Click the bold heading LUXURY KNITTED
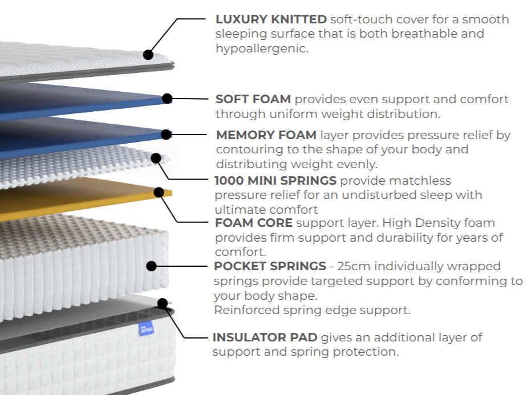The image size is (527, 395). point(271,19)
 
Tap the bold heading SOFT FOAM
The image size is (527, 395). point(253,99)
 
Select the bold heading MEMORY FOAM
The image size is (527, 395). point(266,136)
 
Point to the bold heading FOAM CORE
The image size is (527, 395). point(254,223)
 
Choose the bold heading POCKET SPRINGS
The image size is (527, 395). point(270,266)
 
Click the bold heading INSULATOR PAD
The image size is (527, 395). point(265,337)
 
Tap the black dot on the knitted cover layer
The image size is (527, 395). point(148,55)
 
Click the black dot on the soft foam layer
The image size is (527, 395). point(167,99)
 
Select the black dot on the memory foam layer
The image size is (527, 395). point(166,135)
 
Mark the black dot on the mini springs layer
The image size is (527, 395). point(156,158)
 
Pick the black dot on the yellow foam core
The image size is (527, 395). point(161,193)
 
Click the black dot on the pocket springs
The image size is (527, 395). point(151,266)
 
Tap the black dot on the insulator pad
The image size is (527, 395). point(163,303)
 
